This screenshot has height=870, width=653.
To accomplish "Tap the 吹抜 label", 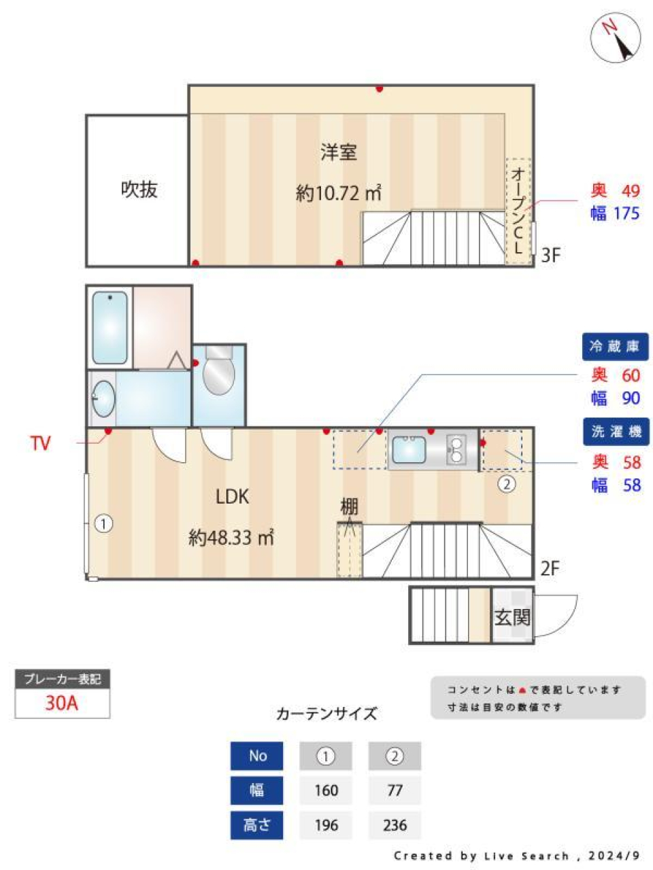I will coord(139,190).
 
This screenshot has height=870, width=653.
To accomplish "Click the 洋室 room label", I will coord(339,152).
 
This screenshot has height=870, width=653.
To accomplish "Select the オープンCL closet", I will coord(518,211).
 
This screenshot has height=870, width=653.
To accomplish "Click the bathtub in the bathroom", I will coord(110,328).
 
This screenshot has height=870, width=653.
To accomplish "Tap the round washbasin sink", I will coord(103,398).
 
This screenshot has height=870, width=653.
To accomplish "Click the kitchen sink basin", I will coord(409,449).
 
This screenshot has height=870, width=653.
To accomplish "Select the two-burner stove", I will coord(456,449).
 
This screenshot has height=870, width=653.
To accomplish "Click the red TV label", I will coord(40,444).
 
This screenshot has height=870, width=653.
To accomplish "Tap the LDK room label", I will coord(232,497).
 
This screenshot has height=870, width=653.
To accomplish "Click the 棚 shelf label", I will coord(349,506).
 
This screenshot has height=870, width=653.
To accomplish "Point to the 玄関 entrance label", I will coord(512,617).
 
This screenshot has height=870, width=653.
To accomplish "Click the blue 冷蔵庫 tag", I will coord(615,347).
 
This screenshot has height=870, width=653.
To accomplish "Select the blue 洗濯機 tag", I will coord(615,432).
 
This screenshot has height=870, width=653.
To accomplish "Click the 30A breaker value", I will coord(62,703).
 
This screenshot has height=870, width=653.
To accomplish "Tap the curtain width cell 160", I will coord(326,790).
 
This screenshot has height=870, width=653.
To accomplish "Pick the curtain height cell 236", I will coord(395,825).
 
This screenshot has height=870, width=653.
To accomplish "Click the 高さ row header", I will coord(257,825).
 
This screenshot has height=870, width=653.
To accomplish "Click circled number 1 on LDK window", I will coord(103,524).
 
